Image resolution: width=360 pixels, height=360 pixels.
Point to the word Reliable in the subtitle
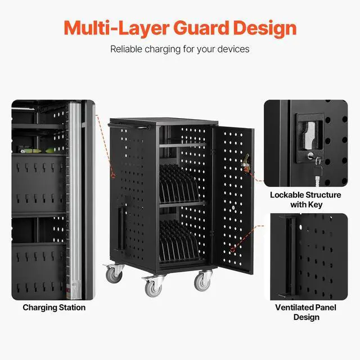click(x=127, y=49)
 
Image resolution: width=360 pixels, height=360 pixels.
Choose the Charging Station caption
click(x=54, y=308)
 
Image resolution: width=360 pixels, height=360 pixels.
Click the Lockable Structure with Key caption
click(x=305, y=200)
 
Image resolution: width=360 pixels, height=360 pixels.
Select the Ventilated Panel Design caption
click(x=305, y=312)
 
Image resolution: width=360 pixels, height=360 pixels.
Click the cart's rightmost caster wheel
click(x=202, y=280)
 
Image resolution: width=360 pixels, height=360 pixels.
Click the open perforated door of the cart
click(x=235, y=197)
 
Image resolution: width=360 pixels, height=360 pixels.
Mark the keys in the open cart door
click(x=245, y=164)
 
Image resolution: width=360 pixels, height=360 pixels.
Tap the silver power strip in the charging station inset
click(x=73, y=197)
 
